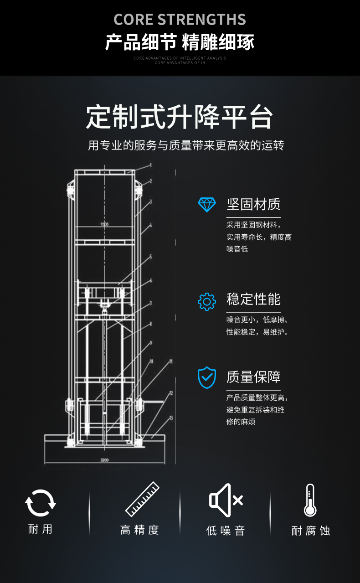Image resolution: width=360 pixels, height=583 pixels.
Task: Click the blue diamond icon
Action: (206, 205)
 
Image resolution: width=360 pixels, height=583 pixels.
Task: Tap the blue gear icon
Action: (206, 301)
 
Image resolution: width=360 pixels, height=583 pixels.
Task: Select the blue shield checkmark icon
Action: (206, 377)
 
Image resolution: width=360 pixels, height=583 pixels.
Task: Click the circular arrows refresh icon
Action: (41, 503)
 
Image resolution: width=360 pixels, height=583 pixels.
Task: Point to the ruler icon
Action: (142, 499)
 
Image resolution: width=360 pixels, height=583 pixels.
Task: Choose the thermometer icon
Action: (310, 500)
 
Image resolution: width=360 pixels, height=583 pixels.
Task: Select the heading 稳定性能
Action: (253, 299)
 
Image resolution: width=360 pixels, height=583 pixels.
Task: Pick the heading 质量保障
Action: (253, 377)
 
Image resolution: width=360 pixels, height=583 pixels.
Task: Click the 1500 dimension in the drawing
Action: (104, 224)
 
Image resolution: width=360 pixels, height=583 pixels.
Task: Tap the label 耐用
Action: (41, 529)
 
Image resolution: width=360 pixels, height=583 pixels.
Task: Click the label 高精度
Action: (139, 530)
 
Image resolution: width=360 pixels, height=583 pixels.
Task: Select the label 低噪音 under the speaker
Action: (226, 531)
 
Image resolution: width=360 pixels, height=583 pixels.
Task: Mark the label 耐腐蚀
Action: (310, 531)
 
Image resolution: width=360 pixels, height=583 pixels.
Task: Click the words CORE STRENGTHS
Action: (180, 20)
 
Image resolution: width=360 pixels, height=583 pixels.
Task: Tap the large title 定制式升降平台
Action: (180, 118)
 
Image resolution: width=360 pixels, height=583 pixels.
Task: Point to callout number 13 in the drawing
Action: (171, 417)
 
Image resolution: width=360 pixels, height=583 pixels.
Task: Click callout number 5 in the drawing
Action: (151, 257)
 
